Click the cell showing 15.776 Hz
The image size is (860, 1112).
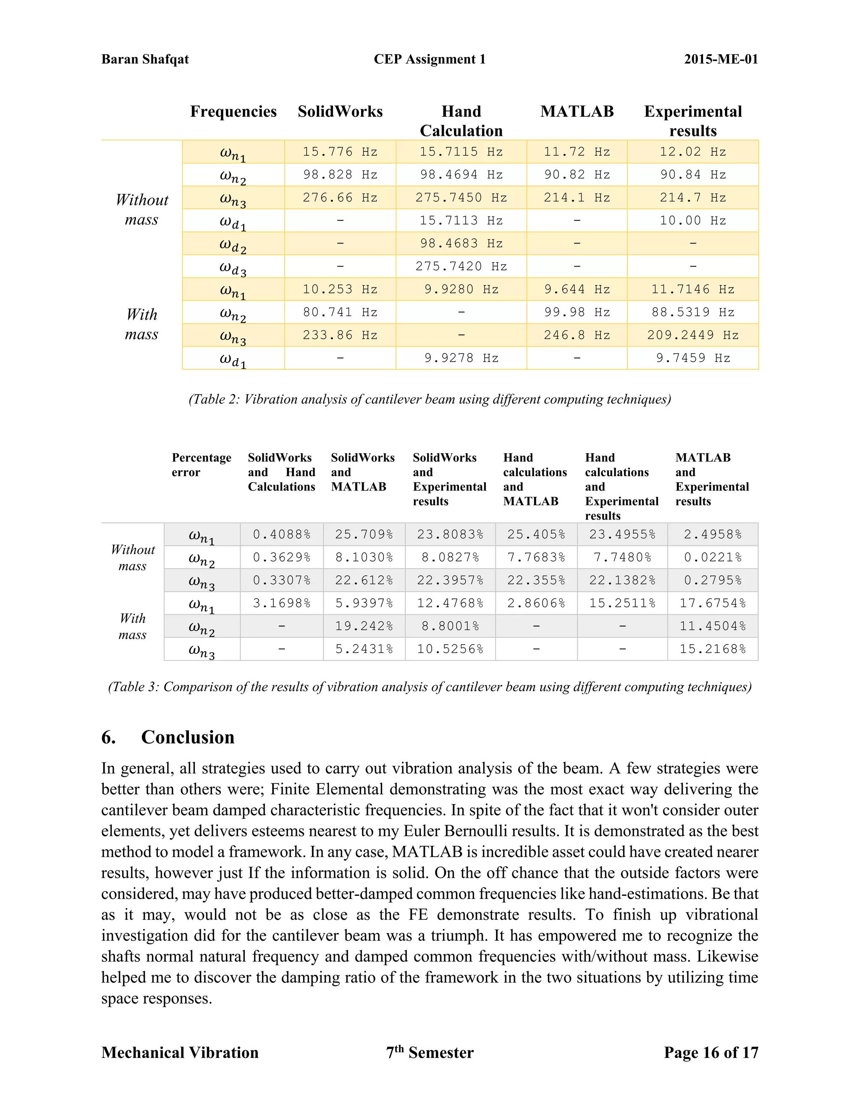coord(340,152)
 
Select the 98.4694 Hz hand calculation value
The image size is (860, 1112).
coord(461,175)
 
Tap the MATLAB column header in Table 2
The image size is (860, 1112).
coord(577,112)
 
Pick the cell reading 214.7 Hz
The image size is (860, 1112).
coord(692,198)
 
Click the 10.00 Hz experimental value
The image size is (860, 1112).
coord(692,220)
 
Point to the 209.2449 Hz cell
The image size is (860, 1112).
coord(692,335)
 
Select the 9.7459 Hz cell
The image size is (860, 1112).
coord(692,358)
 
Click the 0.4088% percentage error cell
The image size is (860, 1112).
coord(282,535)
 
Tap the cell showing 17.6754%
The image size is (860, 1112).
coord(712,603)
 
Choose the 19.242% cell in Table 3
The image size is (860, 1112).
coord(364,626)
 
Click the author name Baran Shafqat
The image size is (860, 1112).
coord(145,59)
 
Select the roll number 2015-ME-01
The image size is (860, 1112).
coord(721,59)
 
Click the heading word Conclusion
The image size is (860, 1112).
coord(187,737)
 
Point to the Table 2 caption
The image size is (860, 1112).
coord(430,399)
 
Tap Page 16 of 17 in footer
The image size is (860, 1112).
coord(711,1052)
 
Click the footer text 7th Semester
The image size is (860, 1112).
coord(430,1052)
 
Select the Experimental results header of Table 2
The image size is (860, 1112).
coord(692,121)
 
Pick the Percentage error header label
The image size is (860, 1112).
coord(201,465)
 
